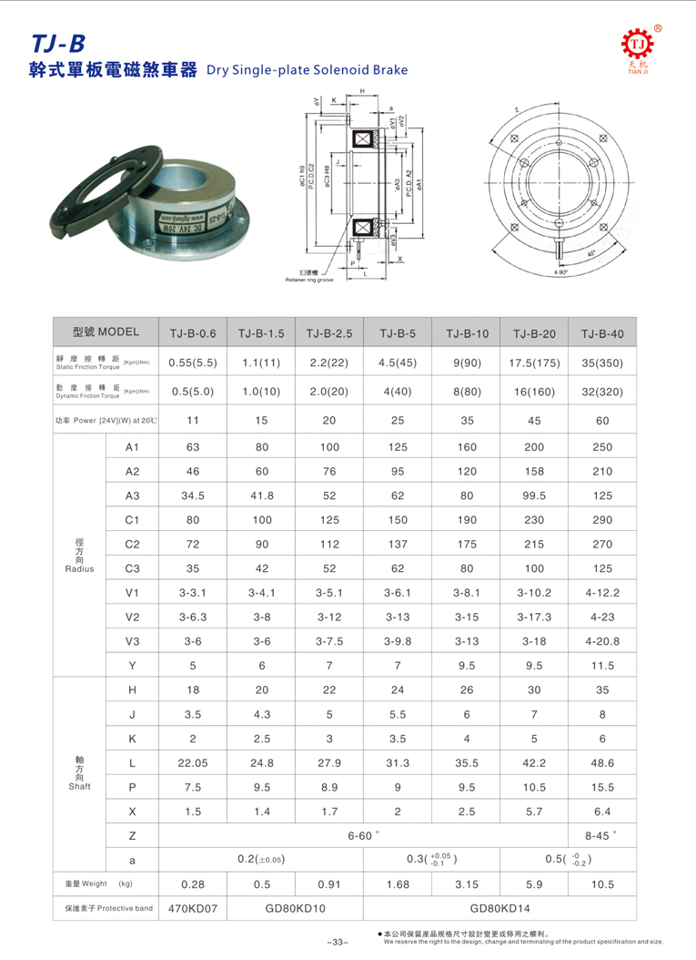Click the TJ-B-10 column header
pyautogui.click(x=467, y=333)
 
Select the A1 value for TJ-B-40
pyautogui.click(x=602, y=447)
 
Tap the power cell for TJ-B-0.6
pyautogui.click(x=192, y=420)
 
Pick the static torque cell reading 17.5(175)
pyautogui.click(x=534, y=362)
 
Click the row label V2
pyautogui.click(x=132, y=617)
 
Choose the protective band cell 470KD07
pyautogui.click(x=192, y=908)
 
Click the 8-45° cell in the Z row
pyautogui.click(x=602, y=835)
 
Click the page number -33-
pyautogui.click(x=337, y=941)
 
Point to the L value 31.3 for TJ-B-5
pyautogui.click(x=398, y=762)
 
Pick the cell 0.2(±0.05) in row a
pyautogui.click(x=261, y=859)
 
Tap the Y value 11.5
pyautogui.click(x=602, y=665)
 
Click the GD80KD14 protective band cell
pyautogui.click(x=499, y=908)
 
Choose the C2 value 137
pyautogui.click(x=398, y=544)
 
